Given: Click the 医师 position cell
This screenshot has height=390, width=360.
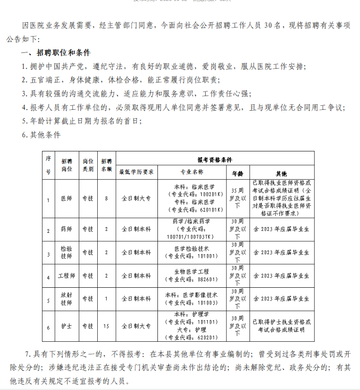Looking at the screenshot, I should click(66, 198).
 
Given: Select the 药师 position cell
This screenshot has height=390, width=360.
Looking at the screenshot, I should click(66, 229).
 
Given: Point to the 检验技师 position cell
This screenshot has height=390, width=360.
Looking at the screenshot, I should click(66, 253).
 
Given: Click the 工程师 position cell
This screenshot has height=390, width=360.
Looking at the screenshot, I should click(66, 276).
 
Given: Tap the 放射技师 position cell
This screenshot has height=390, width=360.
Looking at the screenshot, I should click(66, 299).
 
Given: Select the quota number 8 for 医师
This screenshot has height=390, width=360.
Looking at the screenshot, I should click(106, 198).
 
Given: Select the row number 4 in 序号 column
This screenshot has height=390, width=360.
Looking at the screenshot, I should click(48, 277).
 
